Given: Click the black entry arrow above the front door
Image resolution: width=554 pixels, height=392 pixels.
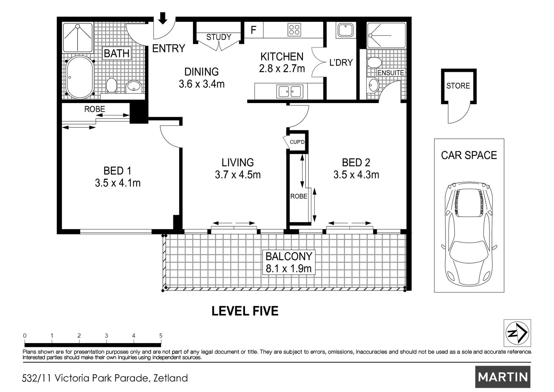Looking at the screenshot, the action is (162, 18).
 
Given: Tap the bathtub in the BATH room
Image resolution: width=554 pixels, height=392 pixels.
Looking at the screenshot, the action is (80, 77).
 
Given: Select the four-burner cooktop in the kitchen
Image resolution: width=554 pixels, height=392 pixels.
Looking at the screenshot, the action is (294, 30).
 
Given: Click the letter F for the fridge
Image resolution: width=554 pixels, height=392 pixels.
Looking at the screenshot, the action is (253, 30).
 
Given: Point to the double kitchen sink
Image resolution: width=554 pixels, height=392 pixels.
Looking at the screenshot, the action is (290, 91).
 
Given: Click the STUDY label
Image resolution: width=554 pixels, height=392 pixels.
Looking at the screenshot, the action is (219, 37).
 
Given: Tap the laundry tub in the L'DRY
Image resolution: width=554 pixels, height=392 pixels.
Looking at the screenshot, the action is (346, 30).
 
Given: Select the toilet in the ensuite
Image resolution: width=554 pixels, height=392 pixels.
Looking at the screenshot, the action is (374, 62).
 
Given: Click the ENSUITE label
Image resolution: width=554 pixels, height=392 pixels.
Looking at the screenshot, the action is (390, 73).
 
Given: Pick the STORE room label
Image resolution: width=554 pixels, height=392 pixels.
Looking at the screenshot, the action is (458, 86).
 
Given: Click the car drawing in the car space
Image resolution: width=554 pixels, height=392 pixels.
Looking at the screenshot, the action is (469, 233).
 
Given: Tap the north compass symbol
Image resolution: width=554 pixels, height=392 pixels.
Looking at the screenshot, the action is (517, 333).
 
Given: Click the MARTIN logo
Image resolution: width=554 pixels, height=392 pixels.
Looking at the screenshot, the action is (503, 377).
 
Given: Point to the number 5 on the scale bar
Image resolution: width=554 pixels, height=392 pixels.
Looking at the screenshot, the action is (161, 335).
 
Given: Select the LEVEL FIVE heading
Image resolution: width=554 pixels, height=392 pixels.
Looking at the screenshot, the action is (245, 311).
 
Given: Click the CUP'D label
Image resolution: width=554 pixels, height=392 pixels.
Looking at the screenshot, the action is (297, 142).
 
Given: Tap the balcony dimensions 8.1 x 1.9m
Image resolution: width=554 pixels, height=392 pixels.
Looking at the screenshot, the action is (289, 269).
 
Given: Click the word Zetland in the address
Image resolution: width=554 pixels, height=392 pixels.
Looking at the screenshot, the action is (171, 378).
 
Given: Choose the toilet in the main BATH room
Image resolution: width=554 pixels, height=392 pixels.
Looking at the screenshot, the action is (111, 85).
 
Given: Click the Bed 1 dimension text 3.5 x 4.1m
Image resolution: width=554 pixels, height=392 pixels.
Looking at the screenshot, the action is (118, 183).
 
